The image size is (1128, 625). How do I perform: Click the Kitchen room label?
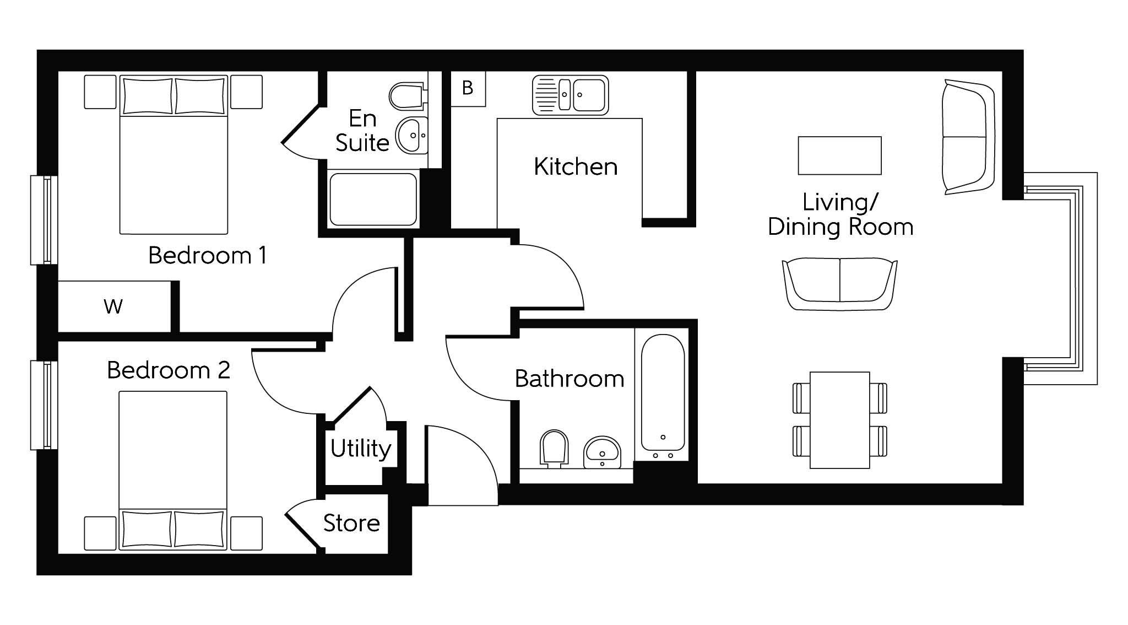[576, 166]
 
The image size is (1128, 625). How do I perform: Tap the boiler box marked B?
[468, 88]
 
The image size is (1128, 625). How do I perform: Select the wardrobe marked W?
[114, 306]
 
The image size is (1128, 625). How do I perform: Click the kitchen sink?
[571, 95]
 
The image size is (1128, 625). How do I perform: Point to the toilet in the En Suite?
[406, 97]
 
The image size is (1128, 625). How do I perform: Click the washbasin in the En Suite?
[411, 134]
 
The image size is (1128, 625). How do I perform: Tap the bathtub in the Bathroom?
[663, 397]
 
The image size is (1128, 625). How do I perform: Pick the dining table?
[840, 420]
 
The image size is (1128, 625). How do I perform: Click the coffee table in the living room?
[840, 155]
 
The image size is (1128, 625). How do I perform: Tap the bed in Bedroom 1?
[173, 154]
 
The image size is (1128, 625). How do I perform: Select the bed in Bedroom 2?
[173, 471]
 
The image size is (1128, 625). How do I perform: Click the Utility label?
[361, 449]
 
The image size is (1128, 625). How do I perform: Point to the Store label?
[351, 523]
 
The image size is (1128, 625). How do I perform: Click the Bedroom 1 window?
[44, 220]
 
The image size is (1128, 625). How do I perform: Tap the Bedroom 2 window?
[44, 405]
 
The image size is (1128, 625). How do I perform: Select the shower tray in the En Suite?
[373, 199]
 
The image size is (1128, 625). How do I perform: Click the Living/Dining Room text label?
[840, 214]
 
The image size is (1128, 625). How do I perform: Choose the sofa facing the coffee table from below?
[840, 284]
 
